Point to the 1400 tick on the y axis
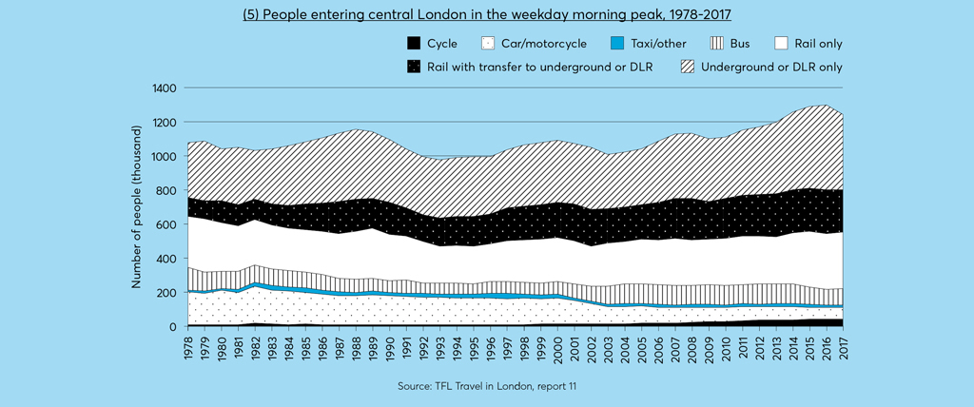165,88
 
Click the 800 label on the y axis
167,190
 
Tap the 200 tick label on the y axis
167,293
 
